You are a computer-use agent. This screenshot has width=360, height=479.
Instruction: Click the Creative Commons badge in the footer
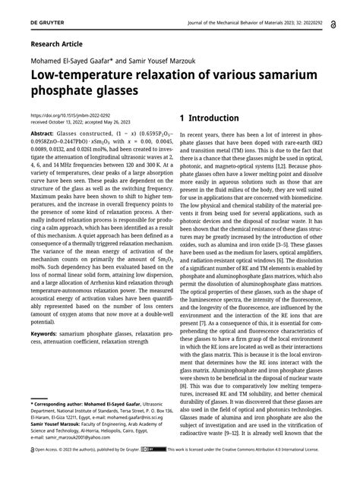pos(157,470)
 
